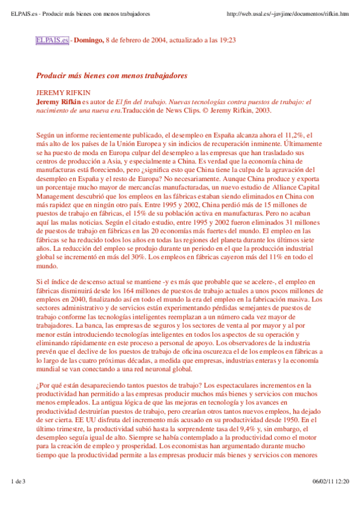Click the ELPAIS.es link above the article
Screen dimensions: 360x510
click(x=53, y=40)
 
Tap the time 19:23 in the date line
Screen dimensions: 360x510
click(x=226, y=40)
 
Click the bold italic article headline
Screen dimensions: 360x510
click(x=112, y=76)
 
